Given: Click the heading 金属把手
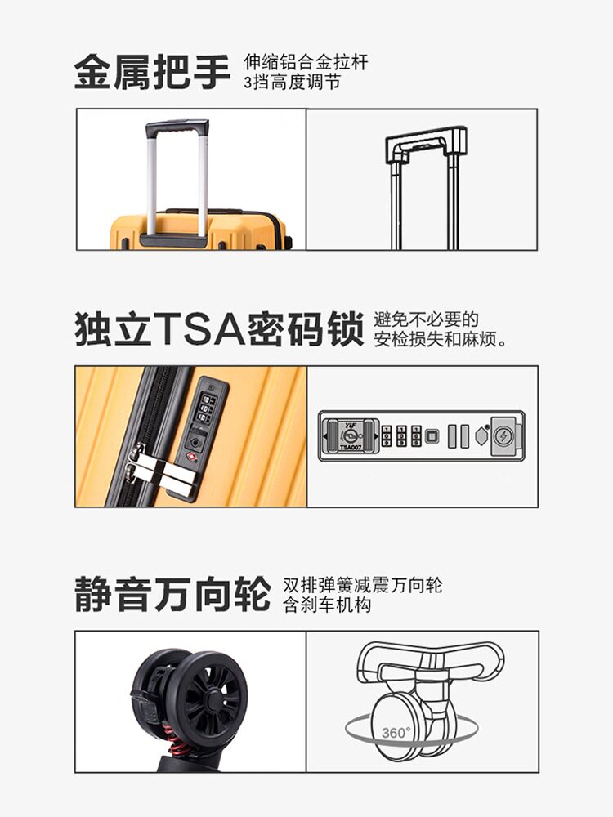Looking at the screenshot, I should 153,72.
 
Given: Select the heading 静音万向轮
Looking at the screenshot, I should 172,594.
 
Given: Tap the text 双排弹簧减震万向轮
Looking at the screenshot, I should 362,585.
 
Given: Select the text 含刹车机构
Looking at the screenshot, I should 327,605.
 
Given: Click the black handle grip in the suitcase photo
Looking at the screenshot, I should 177,128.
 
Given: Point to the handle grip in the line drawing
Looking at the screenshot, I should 426,140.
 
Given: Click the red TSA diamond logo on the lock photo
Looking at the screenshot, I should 192,456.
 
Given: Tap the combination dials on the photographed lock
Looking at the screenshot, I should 207,408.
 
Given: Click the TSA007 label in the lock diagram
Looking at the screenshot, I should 350,447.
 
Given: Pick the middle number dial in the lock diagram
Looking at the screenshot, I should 402,436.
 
